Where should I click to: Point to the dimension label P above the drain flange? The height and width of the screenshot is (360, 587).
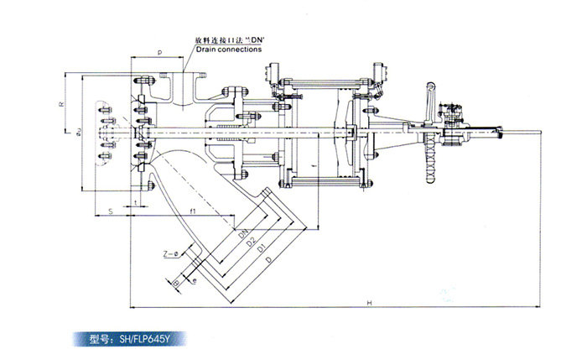159,51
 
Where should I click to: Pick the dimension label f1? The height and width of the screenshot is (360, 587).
192,211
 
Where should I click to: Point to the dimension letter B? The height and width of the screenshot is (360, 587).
176,285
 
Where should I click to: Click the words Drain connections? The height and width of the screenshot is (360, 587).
229,50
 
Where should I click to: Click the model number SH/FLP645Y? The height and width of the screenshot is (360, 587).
133,339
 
